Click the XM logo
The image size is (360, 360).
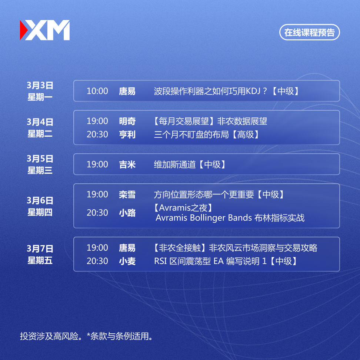point(45,30)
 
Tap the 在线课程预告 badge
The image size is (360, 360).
point(309,32)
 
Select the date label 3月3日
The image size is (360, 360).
point(40,85)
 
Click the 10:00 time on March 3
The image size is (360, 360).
point(97,91)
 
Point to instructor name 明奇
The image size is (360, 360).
point(127,121)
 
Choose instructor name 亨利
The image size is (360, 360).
point(127,134)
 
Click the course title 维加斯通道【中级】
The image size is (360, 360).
point(189,164)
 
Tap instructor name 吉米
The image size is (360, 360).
point(127,164)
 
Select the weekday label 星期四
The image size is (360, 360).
point(40,212)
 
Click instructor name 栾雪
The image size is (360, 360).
point(127,194)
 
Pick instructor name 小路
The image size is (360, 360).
point(127,213)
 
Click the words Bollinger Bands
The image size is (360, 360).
point(221,218)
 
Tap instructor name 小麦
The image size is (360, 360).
point(127,261)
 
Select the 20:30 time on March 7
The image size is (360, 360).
point(97,261)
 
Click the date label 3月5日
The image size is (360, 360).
point(40,159)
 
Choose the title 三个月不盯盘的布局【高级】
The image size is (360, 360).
point(206,134)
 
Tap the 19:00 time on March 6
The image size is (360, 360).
point(97,194)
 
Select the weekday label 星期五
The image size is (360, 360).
point(40,260)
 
